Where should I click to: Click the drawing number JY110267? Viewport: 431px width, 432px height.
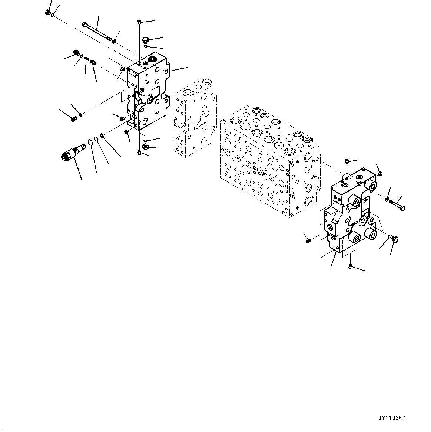392,418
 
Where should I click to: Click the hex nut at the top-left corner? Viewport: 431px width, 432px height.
47,13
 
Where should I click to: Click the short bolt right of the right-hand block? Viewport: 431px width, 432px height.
397,204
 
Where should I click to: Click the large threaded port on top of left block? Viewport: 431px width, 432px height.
153,59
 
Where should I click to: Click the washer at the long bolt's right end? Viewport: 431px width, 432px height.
114,40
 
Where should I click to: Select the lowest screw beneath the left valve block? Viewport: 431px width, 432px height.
140,153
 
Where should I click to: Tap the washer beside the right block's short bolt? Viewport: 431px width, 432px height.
387,199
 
